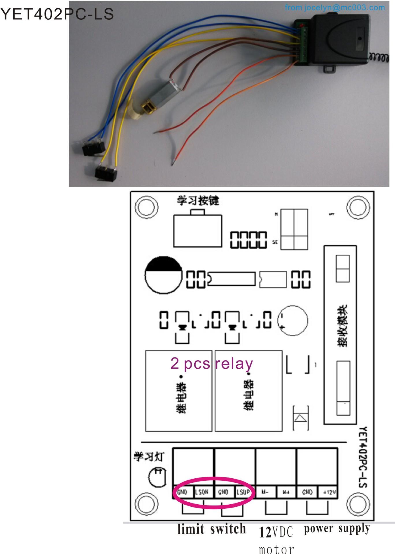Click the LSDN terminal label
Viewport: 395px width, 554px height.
tap(202, 492)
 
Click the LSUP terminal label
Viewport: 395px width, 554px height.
tap(243, 492)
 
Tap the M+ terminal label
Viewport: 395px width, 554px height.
tap(286, 492)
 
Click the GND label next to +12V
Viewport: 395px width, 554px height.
tap(307, 492)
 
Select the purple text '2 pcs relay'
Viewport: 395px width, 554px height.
tap(212, 363)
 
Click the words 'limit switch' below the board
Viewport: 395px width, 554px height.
tap(212, 529)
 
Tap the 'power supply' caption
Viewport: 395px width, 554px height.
tap(337, 528)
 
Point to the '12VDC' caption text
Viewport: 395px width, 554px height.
tap(276, 532)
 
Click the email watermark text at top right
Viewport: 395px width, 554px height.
tap(335, 8)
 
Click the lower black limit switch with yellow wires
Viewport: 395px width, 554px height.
tap(106, 173)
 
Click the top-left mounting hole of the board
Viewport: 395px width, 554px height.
tap(147, 207)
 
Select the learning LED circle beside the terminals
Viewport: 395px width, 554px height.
tap(157, 478)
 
